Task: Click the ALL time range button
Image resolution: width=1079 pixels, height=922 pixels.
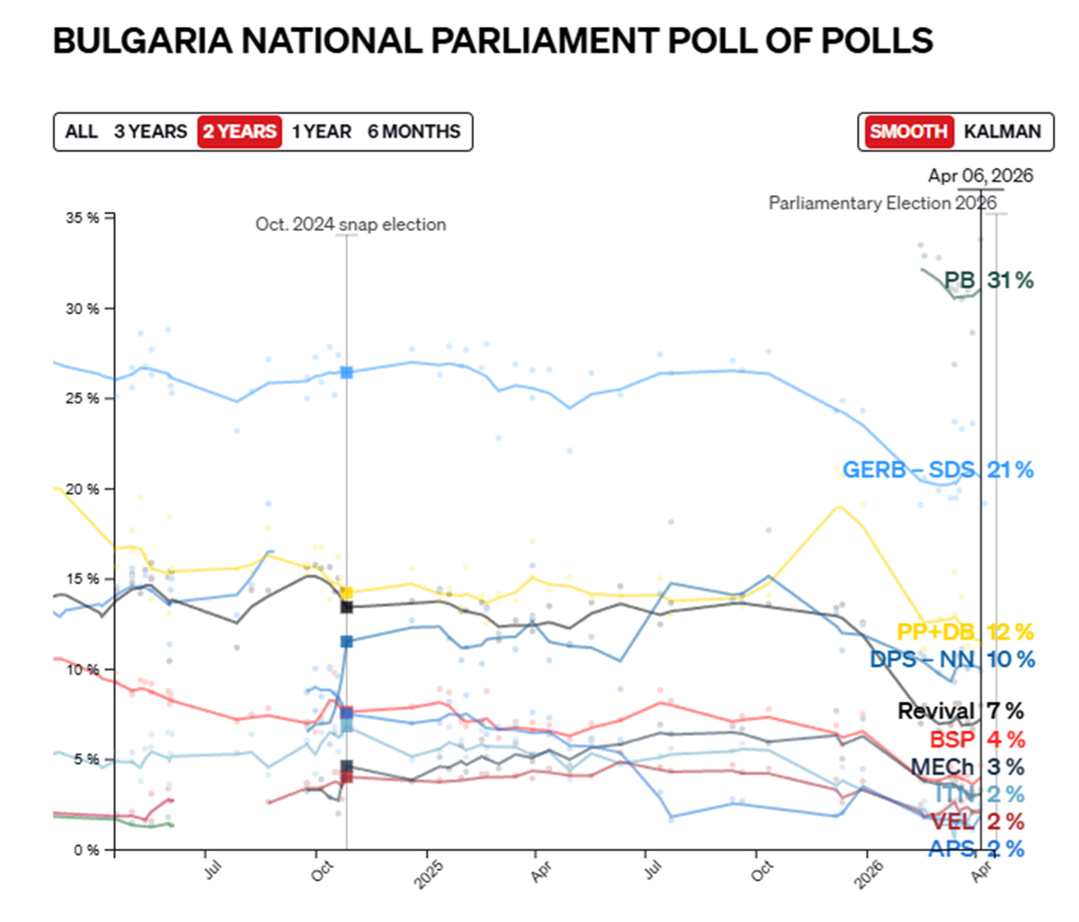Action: pyautogui.click(x=81, y=132)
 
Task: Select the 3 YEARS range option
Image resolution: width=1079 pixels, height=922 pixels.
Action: pyautogui.click(x=150, y=132)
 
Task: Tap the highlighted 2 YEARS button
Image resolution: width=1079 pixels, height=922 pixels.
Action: pyautogui.click(x=239, y=132)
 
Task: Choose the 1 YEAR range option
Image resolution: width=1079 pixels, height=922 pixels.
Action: pyautogui.click(x=322, y=132)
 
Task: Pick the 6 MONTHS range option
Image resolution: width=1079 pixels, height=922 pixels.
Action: pyautogui.click(x=414, y=132)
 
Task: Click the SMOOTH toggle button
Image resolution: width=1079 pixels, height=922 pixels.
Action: pyautogui.click(x=908, y=132)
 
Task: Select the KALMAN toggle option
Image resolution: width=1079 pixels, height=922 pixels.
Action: pyautogui.click(x=1002, y=132)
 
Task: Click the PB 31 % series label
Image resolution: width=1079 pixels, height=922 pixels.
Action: pyautogui.click(x=988, y=280)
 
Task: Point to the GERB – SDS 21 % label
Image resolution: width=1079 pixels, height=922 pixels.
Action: pyautogui.click(x=938, y=469)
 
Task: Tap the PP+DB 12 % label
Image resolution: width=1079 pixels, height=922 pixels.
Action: pyautogui.click(x=965, y=632)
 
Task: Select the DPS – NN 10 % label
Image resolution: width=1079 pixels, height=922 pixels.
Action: pyautogui.click(x=951, y=660)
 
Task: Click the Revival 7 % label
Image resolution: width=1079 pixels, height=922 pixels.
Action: pyautogui.click(x=960, y=711)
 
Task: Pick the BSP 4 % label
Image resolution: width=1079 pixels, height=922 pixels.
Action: pyautogui.click(x=976, y=740)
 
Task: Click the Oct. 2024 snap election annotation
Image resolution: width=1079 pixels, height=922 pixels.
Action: pyautogui.click(x=351, y=225)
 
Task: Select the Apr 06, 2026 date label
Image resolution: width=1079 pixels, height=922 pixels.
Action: pyautogui.click(x=980, y=175)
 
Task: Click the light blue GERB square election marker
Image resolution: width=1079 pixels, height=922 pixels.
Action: pyautogui.click(x=347, y=372)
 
